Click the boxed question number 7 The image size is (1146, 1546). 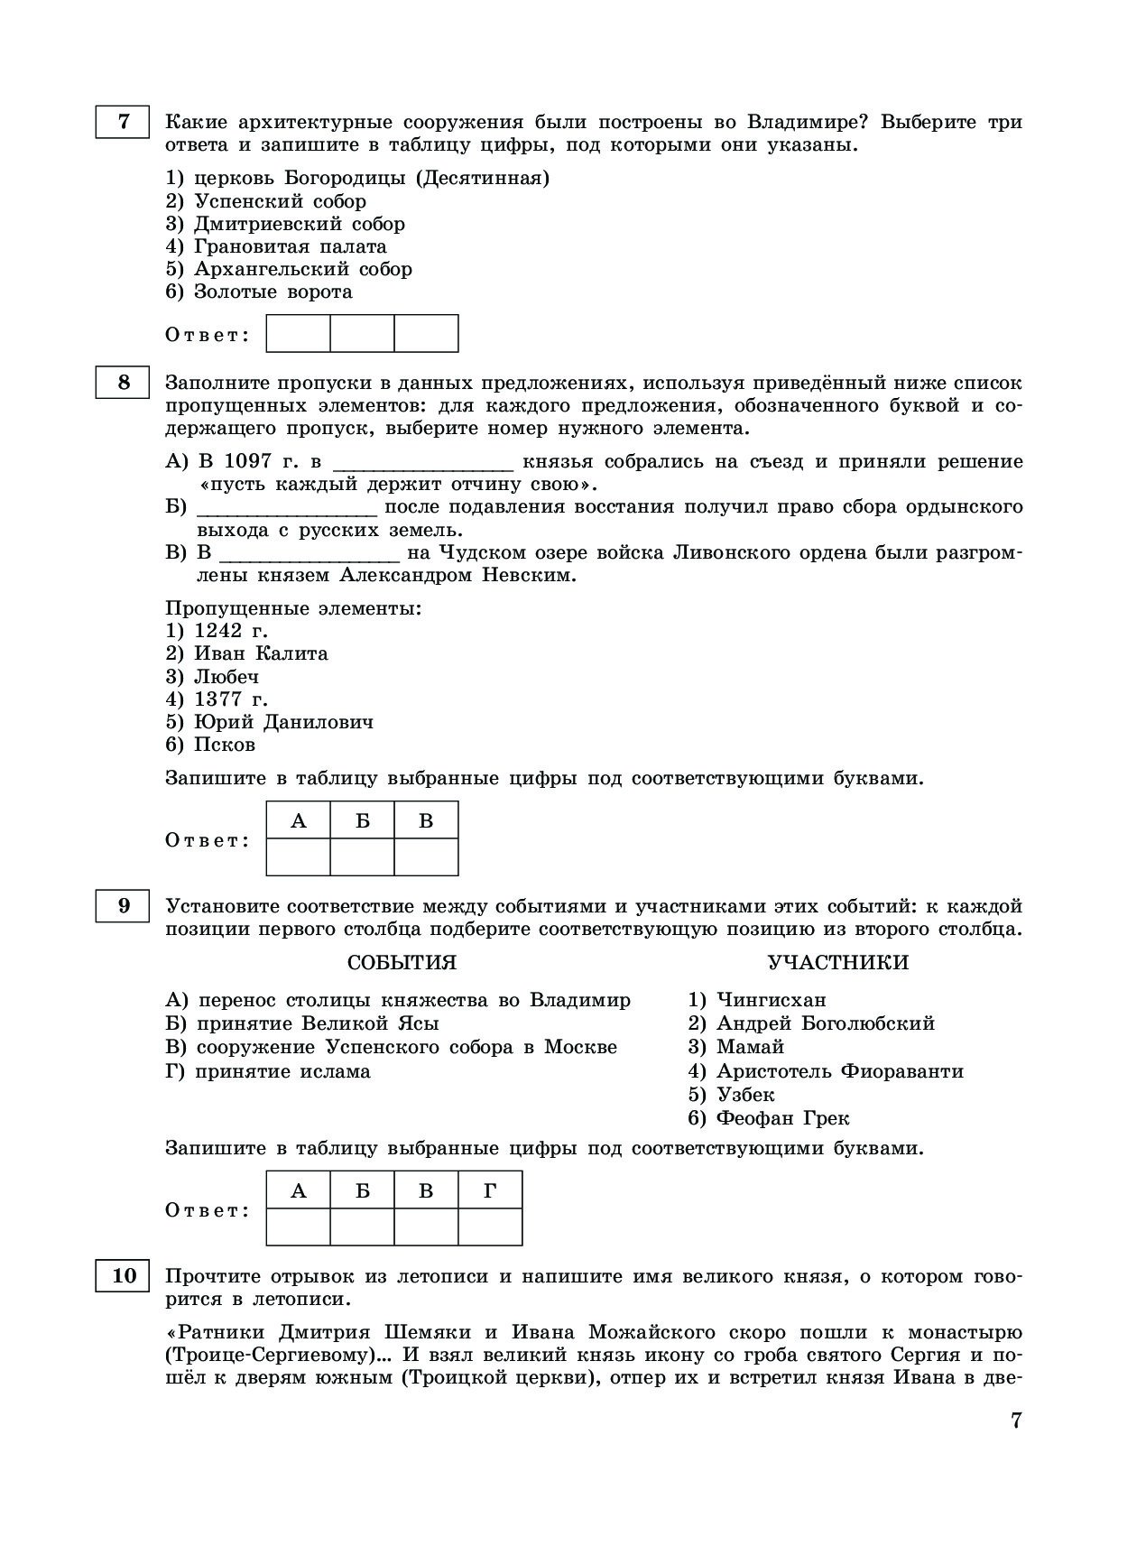click(x=123, y=121)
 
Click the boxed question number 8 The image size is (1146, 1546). click(x=123, y=383)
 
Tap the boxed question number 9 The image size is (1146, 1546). click(x=123, y=905)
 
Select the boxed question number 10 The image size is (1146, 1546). click(x=123, y=1275)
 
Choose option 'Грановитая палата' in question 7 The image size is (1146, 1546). click(x=290, y=246)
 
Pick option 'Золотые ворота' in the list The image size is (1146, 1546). click(x=273, y=292)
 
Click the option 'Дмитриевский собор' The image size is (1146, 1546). click(x=299, y=224)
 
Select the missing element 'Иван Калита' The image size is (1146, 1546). click(x=260, y=653)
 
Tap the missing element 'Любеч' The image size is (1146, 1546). click(x=226, y=676)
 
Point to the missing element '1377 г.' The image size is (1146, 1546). click(x=230, y=699)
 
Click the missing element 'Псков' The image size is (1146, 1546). click(x=224, y=745)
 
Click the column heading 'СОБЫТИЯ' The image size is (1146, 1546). click(x=402, y=962)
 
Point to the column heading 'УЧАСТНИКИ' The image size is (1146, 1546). click(x=837, y=962)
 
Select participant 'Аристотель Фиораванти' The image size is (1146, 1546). click(x=839, y=1071)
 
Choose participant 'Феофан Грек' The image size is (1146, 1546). click(x=782, y=1118)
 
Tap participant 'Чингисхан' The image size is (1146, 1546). click(x=771, y=1000)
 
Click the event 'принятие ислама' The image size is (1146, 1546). click(x=282, y=1071)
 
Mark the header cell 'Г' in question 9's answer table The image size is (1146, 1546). click(x=490, y=1190)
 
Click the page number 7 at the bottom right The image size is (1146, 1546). click(x=1015, y=1420)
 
